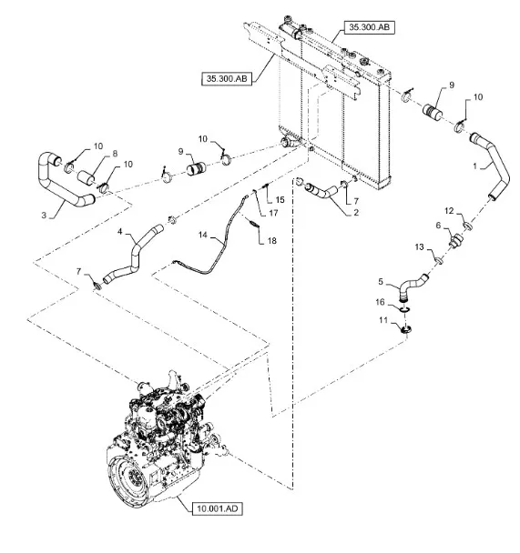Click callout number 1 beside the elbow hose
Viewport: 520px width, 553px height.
pos(474,166)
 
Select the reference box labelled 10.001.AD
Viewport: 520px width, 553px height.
pos(217,508)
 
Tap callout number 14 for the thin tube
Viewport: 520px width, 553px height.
pos(203,235)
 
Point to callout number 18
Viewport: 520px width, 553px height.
pos(271,240)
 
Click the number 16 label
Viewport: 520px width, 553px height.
pos(380,302)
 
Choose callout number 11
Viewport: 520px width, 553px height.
pos(383,320)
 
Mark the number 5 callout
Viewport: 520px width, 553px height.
pos(381,281)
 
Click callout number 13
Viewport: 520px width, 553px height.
pos(419,246)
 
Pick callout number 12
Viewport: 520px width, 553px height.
pos(449,211)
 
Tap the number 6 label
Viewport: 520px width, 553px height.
pos(438,225)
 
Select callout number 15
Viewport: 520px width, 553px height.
pos(280,199)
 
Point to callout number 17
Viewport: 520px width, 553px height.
pos(273,213)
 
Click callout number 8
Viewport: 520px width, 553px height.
pos(115,154)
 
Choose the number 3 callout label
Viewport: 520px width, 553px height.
pos(44,216)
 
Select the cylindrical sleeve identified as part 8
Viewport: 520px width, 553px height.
pos(87,177)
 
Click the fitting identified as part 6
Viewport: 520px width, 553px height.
pos(455,240)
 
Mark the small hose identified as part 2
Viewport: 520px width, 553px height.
pos(321,190)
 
